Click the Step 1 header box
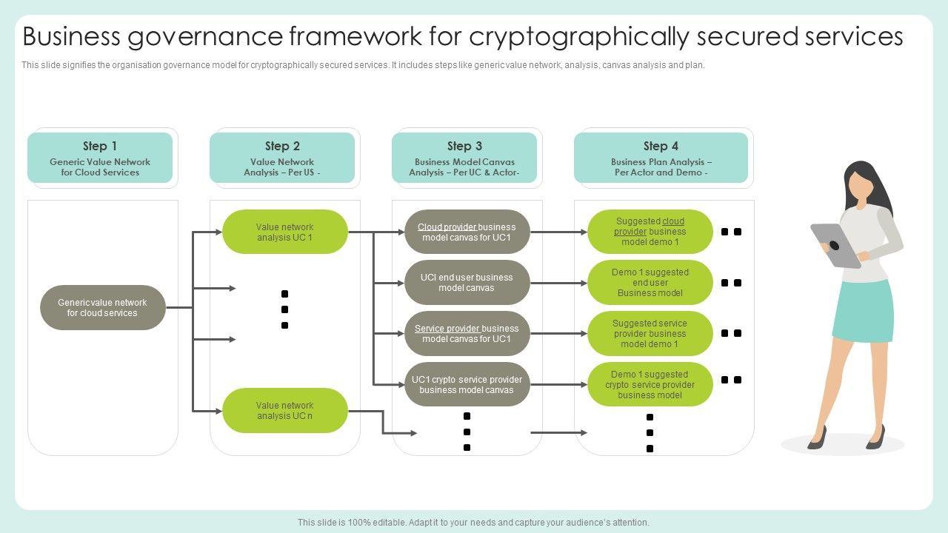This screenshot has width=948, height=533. (x=100, y=158)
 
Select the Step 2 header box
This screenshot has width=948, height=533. (x=282, y=158)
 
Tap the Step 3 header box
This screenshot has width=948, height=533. (x=464, y=158)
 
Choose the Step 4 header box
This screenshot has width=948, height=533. (x=661, y=158)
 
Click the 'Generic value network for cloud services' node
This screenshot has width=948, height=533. (x=103, y=307)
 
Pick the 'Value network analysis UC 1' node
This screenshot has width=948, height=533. (x=285, y=232)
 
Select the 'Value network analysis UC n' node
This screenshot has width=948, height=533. (x=285, y=410)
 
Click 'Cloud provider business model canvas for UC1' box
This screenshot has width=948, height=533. (x=467, y=232)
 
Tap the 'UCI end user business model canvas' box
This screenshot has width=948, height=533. (x=467, y=283)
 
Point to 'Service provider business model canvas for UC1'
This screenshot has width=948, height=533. (x=467, y=333)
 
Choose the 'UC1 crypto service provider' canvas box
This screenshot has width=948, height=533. (x=467, y=384)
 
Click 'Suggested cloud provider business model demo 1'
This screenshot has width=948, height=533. (x=650, y=232)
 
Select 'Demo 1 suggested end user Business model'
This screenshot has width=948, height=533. (x=650, y=283)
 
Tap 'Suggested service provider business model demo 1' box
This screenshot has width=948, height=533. (x=650, y=333)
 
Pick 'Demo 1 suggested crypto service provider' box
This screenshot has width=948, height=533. (x=650, y=384)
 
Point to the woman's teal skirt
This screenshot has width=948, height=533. (x=864, y=311)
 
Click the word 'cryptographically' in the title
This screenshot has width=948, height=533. (x=579, y=37)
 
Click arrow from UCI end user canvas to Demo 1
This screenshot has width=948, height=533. (x=558, y=283)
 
